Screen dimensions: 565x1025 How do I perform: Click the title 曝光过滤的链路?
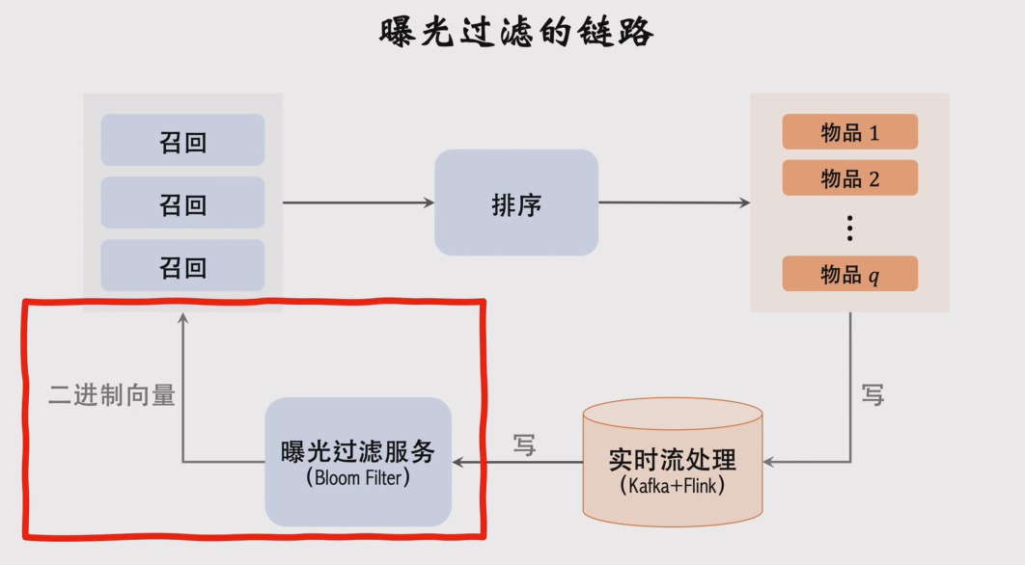516,32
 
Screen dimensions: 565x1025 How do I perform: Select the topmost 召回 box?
182,141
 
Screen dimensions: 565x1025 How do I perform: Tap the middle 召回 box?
182,203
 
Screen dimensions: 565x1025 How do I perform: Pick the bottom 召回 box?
182,266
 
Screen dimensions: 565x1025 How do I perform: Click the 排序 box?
516,202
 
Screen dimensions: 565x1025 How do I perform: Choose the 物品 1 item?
849,132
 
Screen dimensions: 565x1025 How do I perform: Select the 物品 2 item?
849,178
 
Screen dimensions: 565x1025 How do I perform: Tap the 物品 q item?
849,275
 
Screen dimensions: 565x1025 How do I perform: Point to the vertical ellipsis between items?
849,228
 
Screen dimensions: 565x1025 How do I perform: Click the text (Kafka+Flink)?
673,485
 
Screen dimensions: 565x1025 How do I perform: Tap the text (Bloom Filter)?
358,477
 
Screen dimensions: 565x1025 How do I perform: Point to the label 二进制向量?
112,395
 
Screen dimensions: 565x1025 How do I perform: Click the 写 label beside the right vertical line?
873,395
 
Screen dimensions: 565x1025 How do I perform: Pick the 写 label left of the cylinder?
524,445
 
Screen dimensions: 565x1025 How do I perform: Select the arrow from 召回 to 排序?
357,202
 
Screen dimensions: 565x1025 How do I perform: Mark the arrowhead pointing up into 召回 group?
182,317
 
